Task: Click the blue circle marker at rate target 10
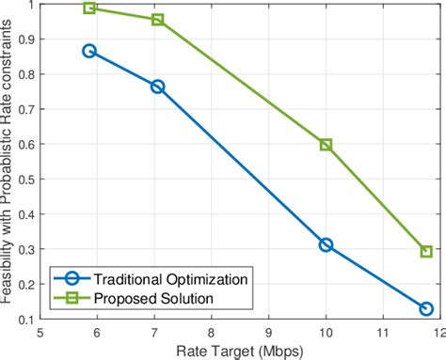point(326,244)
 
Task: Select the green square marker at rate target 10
point(326,145)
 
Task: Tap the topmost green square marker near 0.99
point(90,8)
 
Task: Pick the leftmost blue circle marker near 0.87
point(89,51)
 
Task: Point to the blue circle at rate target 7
point(157,86)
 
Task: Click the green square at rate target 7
point(157,20)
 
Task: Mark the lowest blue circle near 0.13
point(425,308)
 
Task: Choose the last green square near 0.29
point(425,252)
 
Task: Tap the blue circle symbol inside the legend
point(73,278)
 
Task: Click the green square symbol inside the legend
point(73,299)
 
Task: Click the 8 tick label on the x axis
point(212,330)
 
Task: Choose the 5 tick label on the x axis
point(40,330)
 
